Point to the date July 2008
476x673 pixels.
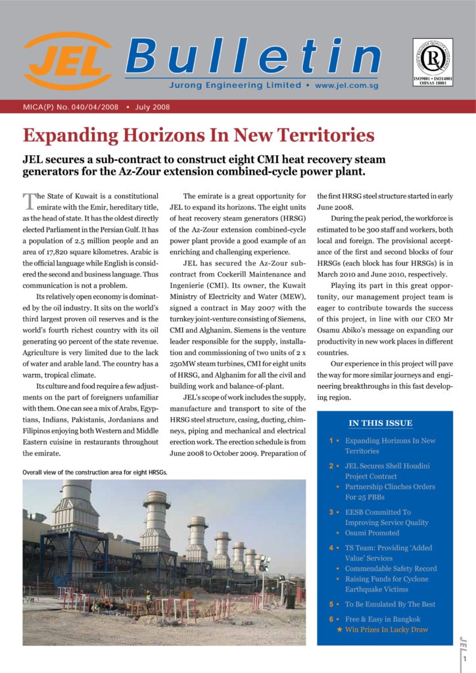156,106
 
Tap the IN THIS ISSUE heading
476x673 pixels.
381,423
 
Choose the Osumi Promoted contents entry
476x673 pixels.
372,533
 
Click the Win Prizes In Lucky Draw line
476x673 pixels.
386,630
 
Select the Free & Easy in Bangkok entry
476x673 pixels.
383,619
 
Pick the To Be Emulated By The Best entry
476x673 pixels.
390,604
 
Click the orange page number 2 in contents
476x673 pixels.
331,466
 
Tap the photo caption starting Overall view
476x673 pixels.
95,473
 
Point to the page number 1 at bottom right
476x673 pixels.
464,659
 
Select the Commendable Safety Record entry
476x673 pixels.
391,569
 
